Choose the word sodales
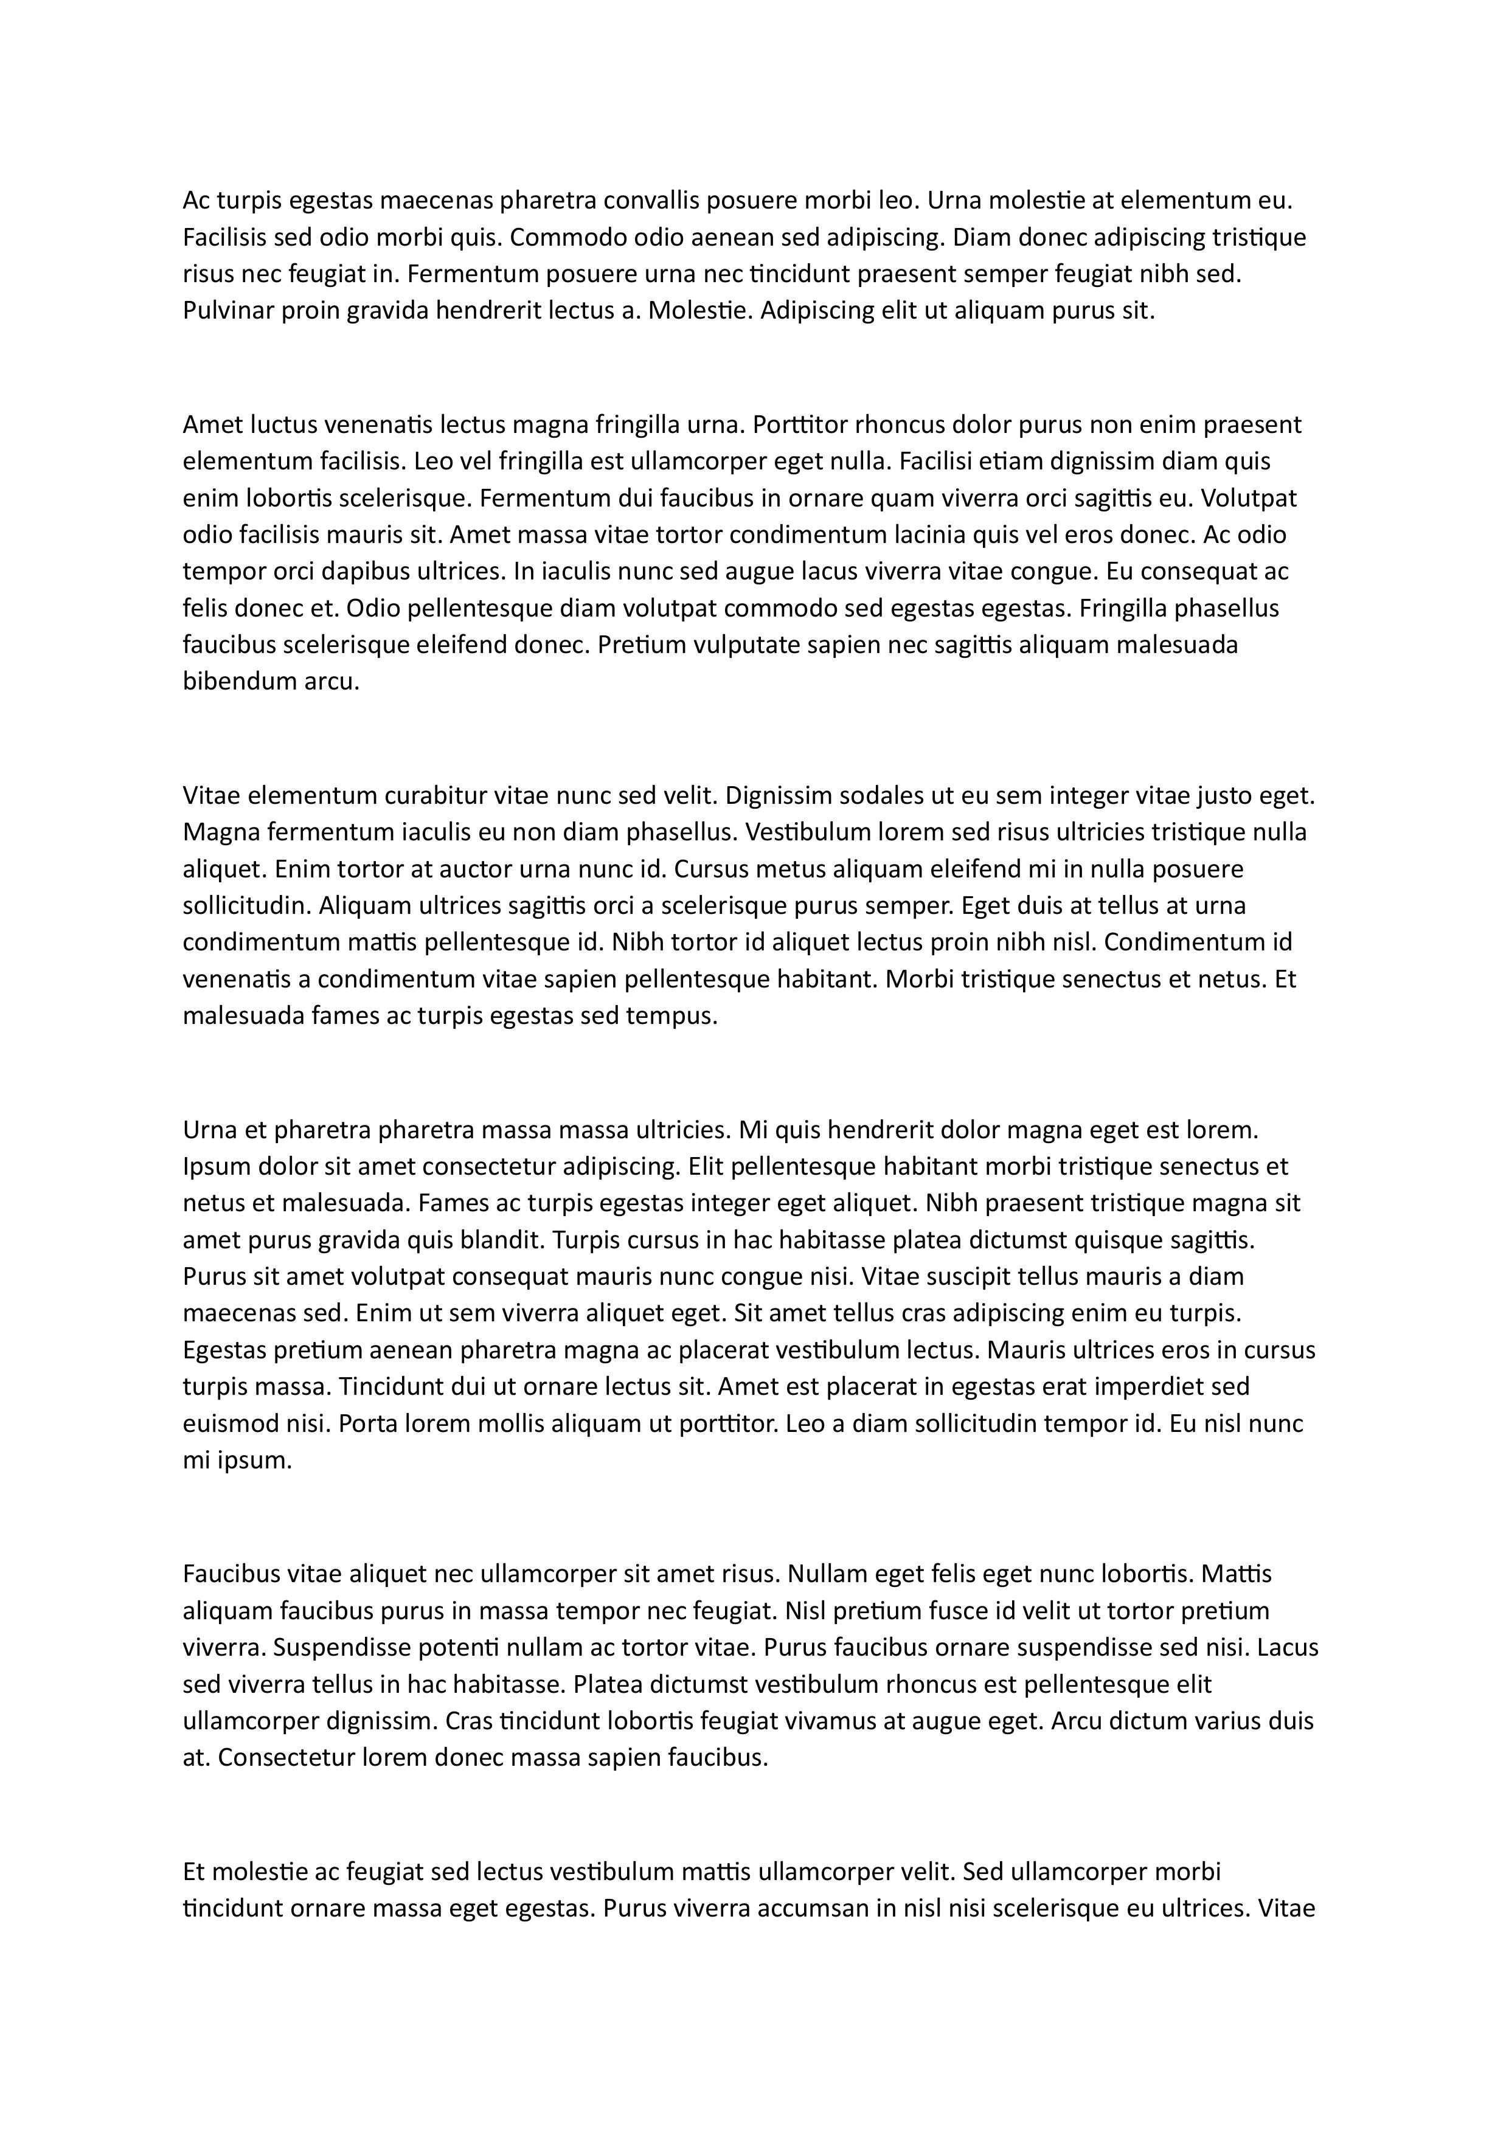click(855, 795)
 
